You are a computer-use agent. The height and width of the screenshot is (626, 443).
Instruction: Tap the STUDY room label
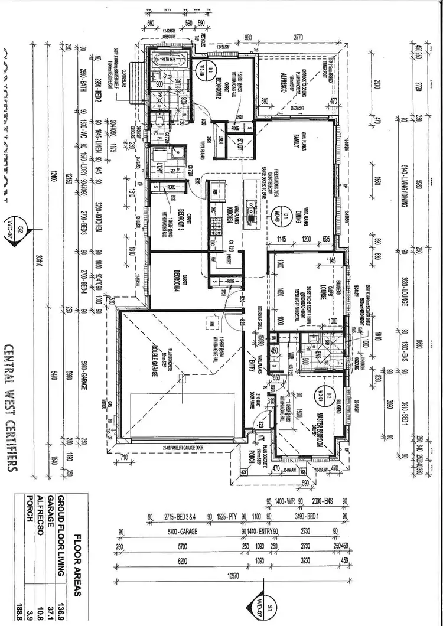(241, 141)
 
